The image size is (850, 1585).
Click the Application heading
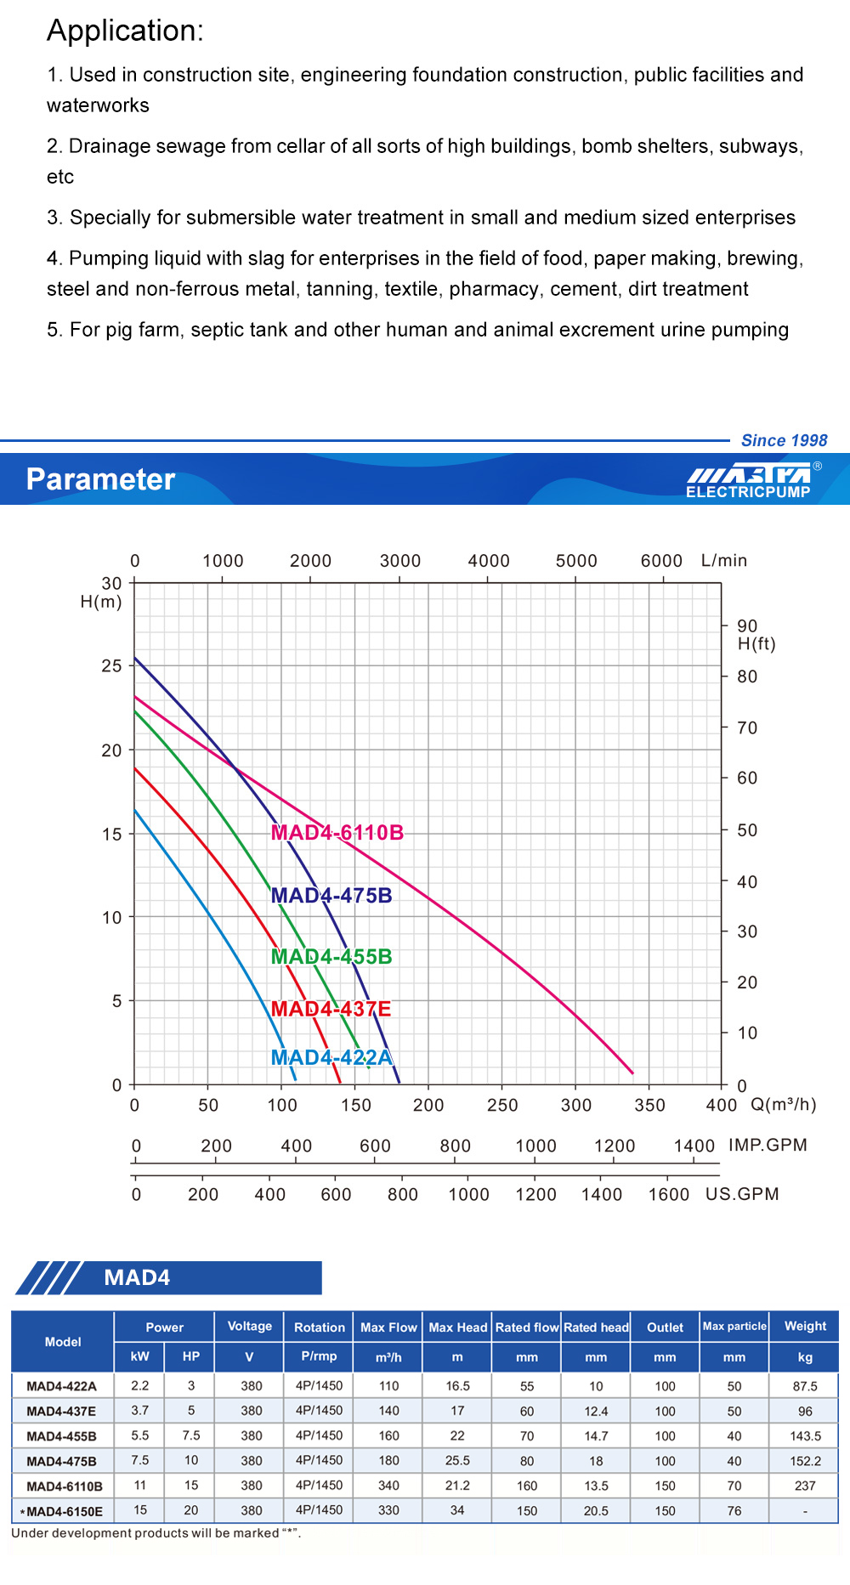[x=125, y=31]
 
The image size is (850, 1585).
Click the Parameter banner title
[x=100, y=479]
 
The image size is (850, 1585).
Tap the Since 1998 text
[x=784, y=440]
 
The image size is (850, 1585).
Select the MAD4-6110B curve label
[x=337, y=833]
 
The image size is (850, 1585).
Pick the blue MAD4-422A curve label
[x=331, y=1057]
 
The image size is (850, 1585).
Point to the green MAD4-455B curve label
[x=331, y=956]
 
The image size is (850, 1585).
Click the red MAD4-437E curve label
[x=331, y=1009]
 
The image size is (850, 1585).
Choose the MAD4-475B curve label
[x=331, y=896]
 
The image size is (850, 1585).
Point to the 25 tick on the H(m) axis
[x=112, y=665]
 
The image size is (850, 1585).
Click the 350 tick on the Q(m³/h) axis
[x=649, y=1105]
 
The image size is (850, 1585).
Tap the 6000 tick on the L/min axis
[x=661, y=561]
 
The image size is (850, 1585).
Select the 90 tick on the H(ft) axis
[x=747, y=626]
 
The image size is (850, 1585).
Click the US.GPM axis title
[x=742, y=1194]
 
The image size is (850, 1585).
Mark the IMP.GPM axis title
[x=768, y=1145]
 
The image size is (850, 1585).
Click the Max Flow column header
[x=388, y=1327]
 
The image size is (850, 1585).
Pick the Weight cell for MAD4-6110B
[x=805, y=1486]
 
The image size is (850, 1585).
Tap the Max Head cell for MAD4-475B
[x=457, y=1461]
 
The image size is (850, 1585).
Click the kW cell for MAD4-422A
[x=140, y=1386]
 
